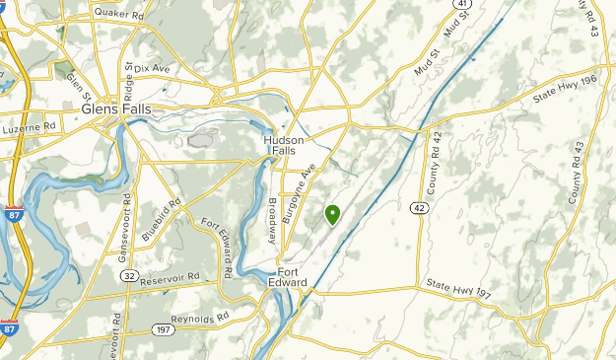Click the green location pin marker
(x=332, y=214)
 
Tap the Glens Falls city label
(x=115, y=108)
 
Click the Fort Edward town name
(x=293, y=277)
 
